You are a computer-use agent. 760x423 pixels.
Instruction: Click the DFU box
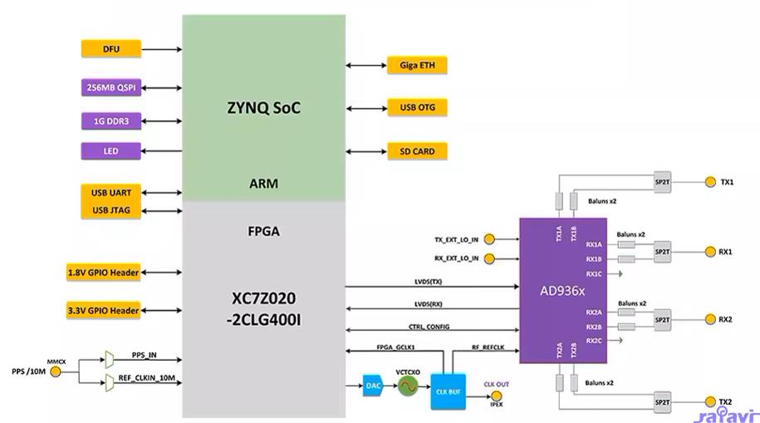pyautogui.click(x=111, y=49)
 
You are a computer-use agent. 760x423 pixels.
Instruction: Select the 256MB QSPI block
pyautogui.click(x=111, y=87)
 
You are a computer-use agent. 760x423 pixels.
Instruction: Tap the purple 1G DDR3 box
pyautogui.click(x=111, y=121)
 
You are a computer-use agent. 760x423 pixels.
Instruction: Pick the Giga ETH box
pyautogui.click(x=417, y=65)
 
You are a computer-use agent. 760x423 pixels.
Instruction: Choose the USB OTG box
pyautogui.click(x=417, y=107)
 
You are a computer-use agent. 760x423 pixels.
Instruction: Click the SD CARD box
pyautogui.click(x=417, y=151)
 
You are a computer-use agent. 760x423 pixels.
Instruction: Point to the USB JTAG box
pyautogui.click(x=111, y=210)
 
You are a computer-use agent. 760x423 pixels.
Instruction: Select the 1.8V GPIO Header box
pyautogui.click(x=103, y=272)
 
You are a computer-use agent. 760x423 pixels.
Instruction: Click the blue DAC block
pyautogui.click(x=373, y=386)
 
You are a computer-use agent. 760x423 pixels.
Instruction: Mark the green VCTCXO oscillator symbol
pyautogui.click(x=407, y=386)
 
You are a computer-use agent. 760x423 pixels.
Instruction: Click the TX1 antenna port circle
pyautogui.click(x=709, y=182)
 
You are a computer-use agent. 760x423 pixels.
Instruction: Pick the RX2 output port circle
pyautogui.click(x=709, y=319)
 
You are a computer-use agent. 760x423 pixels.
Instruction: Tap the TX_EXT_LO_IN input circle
pyautogui.click(x=489, y=239)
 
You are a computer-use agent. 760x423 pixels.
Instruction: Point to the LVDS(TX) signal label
pyautogui.click(x=429, y=282)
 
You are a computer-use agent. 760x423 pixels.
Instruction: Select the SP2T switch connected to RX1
pyautogui.click(x=662, y=251)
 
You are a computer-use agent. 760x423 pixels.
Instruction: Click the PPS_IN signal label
pyautogui.click(x=144, y=356)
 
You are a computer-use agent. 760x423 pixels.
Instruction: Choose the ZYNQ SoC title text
pyautogui.click(x=263, y=108)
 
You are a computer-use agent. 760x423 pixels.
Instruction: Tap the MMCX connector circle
pyautogui.click(x=56, y=371)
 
